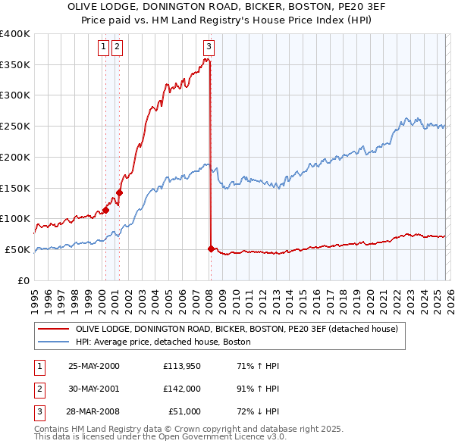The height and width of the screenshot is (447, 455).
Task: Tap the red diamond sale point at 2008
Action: pyautogui.click(x=210, y=249)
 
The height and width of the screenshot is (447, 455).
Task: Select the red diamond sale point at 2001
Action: pyautogui.click(x=119, y=192)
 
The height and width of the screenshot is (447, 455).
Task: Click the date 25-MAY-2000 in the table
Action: pyautogui.click(x=94, y=366)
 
